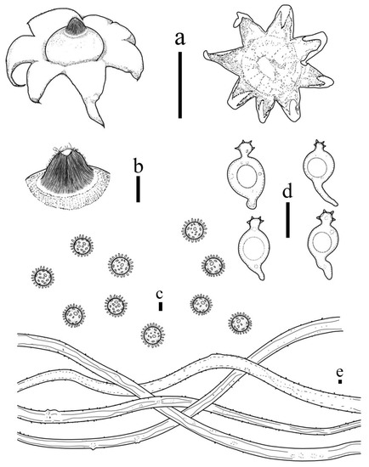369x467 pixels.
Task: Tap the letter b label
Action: [138, 165]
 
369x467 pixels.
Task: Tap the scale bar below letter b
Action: [138, 190]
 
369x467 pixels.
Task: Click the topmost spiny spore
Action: [194, 229]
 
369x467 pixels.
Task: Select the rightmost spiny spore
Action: [241, 323]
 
